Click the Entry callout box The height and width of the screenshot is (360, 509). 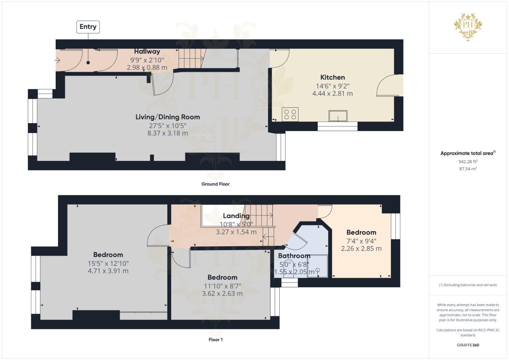(88, 27)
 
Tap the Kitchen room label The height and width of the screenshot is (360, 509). (332, 77)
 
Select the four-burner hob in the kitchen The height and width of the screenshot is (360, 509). (290, 114)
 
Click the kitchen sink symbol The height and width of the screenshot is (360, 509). (338, 116)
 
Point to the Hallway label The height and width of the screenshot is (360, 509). (147, 51)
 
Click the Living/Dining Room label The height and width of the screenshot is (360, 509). (168, 117)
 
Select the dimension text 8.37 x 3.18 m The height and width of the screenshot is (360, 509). (168, 133)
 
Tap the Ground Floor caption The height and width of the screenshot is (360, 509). (215, 184)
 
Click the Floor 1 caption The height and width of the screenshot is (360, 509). (215, 340)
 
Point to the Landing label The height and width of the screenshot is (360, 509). (236, 216)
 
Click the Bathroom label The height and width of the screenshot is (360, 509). (294, 256)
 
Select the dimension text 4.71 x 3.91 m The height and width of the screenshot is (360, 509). (108, 271)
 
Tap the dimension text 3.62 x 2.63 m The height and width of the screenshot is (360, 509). (222, 294)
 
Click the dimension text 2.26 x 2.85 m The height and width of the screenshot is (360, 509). (361, 249)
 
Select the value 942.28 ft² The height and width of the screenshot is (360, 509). (468, 162)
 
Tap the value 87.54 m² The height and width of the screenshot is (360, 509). (468, 169)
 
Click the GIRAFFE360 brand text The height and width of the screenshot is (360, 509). (468, 345)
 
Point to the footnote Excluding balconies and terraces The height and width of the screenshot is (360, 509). (468, 285)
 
